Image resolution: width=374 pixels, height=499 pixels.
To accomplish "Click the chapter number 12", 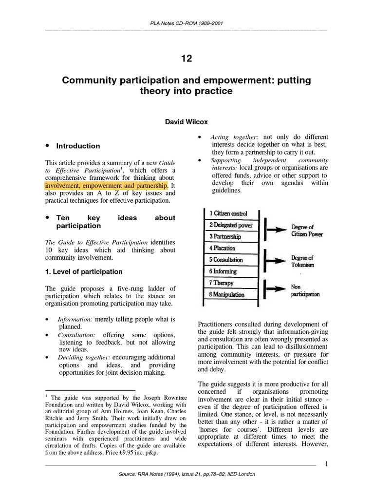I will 187,59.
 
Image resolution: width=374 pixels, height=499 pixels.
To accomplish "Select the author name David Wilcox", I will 187,124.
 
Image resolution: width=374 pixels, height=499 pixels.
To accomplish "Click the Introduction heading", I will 78,146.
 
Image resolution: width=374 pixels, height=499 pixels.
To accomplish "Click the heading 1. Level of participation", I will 84,271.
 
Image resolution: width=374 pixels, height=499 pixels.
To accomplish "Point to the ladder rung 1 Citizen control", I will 228,213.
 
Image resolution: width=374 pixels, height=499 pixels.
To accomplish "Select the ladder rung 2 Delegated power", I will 231,225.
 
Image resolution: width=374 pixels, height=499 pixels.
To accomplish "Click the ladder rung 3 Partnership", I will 225,236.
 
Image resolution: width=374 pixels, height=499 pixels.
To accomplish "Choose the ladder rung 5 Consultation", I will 227,260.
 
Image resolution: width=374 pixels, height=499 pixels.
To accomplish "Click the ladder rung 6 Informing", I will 223,271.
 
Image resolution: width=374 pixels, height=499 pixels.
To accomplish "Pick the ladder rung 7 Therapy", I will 222,283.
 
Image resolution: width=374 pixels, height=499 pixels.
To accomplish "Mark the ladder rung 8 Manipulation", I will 227,295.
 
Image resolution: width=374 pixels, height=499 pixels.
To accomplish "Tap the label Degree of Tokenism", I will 302,261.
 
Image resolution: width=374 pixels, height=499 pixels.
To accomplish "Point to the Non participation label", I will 305,291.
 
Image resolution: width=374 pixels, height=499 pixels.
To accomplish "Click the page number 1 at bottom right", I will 326,463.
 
